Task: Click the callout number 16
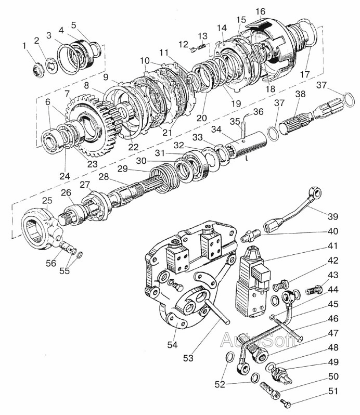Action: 260,11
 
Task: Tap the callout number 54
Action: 172,345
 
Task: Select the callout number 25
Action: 47,200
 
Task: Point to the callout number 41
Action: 333,246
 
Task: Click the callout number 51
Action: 333,391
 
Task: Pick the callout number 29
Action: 123,169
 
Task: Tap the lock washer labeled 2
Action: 51,66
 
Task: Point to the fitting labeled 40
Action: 250,235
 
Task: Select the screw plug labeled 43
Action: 314,290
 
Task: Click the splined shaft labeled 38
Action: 312,119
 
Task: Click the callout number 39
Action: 333,216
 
